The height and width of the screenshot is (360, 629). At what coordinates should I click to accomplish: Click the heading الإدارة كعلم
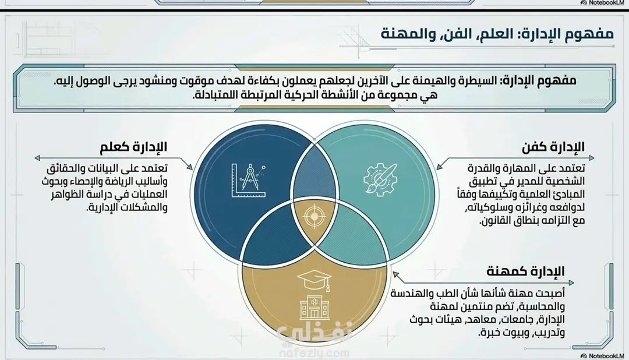click(x=133, y=147)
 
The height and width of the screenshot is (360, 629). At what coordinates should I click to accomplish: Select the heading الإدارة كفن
click(x=553, y=147)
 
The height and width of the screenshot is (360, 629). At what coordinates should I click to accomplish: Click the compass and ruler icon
click(x=249, y=180)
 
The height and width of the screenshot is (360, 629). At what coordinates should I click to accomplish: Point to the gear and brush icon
click(x=380, y=179)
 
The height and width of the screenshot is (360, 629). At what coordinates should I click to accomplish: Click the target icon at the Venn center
click(x=314, y=216)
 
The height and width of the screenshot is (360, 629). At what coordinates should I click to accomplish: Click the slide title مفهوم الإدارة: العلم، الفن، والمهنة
click(x=497, y=33)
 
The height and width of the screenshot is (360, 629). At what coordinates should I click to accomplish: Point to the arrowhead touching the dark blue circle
click(x=189, y=166)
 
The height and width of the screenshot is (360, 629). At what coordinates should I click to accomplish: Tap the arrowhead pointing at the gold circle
click(x=396, y=275)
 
